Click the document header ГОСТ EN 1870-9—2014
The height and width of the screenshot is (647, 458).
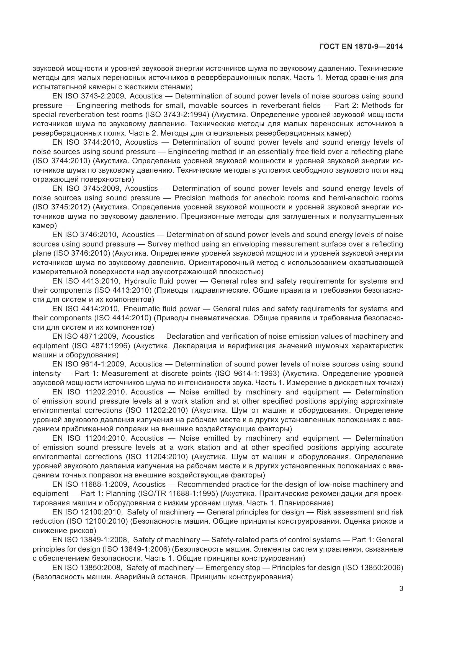361,46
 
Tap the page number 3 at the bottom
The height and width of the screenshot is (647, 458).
401,589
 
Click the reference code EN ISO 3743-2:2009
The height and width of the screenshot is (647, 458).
89,96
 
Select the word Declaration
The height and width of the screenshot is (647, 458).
184,336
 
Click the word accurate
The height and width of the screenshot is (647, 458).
388,447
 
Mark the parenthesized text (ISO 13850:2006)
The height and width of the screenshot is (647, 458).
372,567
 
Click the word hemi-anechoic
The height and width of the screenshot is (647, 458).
348,198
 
